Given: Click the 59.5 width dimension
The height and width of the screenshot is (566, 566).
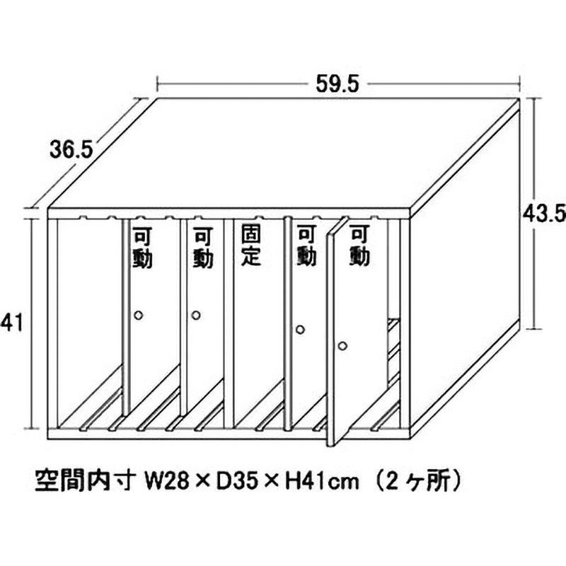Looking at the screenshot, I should click(338, 83).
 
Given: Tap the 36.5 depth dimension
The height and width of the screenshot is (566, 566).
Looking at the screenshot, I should click(72, 149).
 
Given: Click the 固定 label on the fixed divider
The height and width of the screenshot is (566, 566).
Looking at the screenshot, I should click(251, 245).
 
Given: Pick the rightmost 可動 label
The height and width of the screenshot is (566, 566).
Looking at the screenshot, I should click(360, 246).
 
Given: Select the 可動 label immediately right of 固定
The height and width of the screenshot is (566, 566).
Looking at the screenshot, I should click(306, 246).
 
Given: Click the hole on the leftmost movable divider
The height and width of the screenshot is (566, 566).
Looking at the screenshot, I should click(139, 315).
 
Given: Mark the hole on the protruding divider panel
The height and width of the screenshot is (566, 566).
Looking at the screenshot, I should click(342, 346).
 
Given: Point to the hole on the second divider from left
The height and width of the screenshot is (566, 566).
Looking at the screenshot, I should click(196, 315).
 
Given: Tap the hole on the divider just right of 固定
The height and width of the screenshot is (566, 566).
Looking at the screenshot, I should click(300, 330).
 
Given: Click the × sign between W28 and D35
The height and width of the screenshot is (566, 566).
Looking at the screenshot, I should click(203, 485).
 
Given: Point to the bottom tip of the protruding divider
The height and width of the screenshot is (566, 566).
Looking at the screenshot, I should click(330, 444).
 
